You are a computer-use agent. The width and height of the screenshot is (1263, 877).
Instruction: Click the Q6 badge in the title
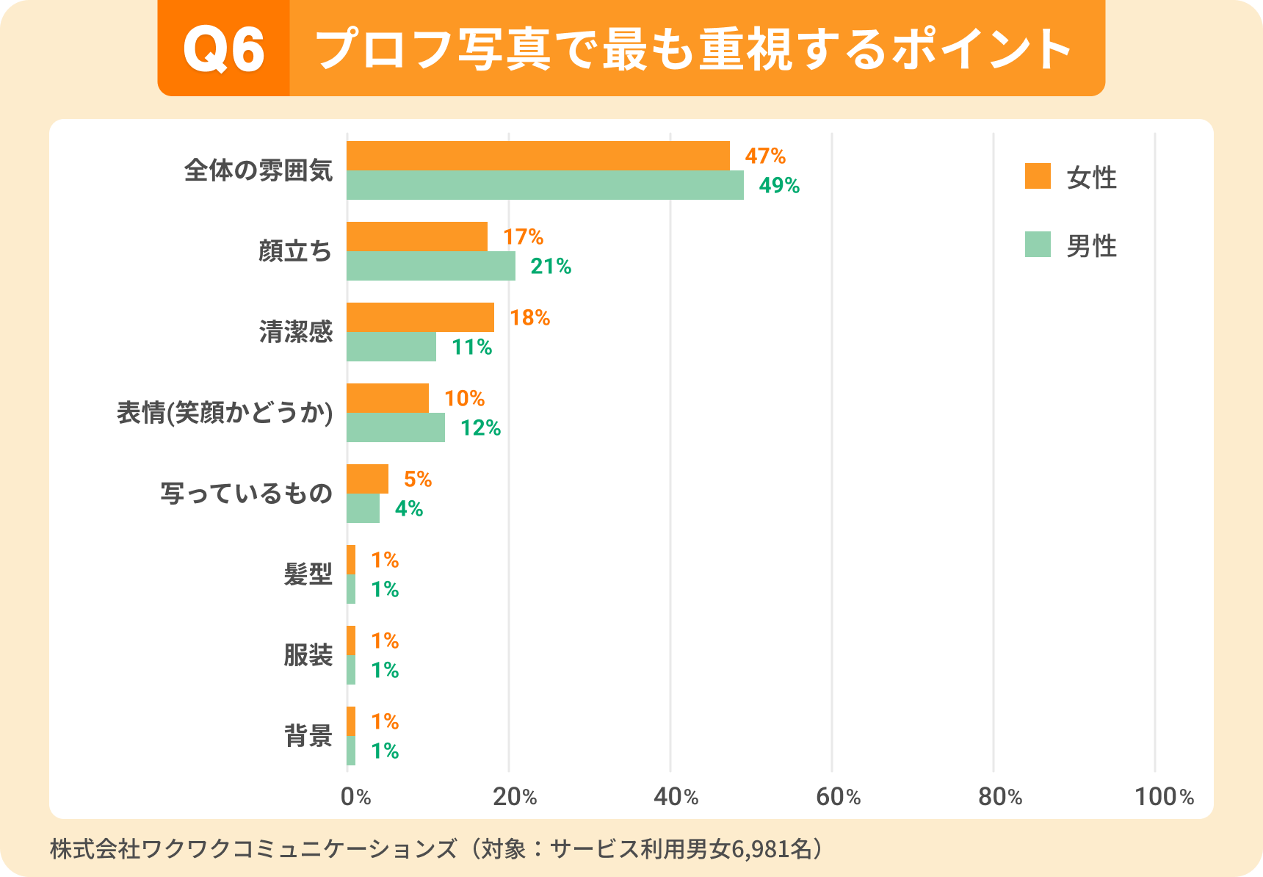(224, 49)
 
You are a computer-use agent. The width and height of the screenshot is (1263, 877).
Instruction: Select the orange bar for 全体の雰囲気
(538, 156)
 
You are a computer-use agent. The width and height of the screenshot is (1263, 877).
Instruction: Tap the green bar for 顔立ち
(430, 266)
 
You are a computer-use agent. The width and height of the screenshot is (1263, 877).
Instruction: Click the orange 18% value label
(529, 317)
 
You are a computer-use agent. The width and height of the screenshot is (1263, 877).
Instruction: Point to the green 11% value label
(471, 347)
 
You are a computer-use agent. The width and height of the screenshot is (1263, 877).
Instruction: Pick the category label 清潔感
(296, 332)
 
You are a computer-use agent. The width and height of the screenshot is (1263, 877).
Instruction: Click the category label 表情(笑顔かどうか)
(225, 413)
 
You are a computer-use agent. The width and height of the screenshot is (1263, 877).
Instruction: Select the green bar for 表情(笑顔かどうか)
(395, 427)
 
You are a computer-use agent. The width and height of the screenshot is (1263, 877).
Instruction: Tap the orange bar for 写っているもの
(367, 479)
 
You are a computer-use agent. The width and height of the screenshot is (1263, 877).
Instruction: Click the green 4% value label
(409, 508)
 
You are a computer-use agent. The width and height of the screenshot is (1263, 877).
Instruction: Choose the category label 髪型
(308, 574)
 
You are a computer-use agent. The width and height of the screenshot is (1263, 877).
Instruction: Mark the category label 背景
(308, 736)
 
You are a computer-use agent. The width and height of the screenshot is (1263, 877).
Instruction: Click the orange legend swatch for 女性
(1038, 176)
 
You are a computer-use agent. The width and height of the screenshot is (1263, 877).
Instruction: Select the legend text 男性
(1091, 246)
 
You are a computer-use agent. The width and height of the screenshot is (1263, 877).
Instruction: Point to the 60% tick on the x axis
(838, 797)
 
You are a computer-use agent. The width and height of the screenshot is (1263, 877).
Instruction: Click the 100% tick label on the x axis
(1164, 797)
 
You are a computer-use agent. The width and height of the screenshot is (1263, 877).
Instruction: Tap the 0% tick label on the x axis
(355, 797)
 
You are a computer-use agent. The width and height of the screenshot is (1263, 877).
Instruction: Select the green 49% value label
(779, 185)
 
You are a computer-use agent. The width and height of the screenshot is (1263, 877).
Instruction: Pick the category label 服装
(308, 655)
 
